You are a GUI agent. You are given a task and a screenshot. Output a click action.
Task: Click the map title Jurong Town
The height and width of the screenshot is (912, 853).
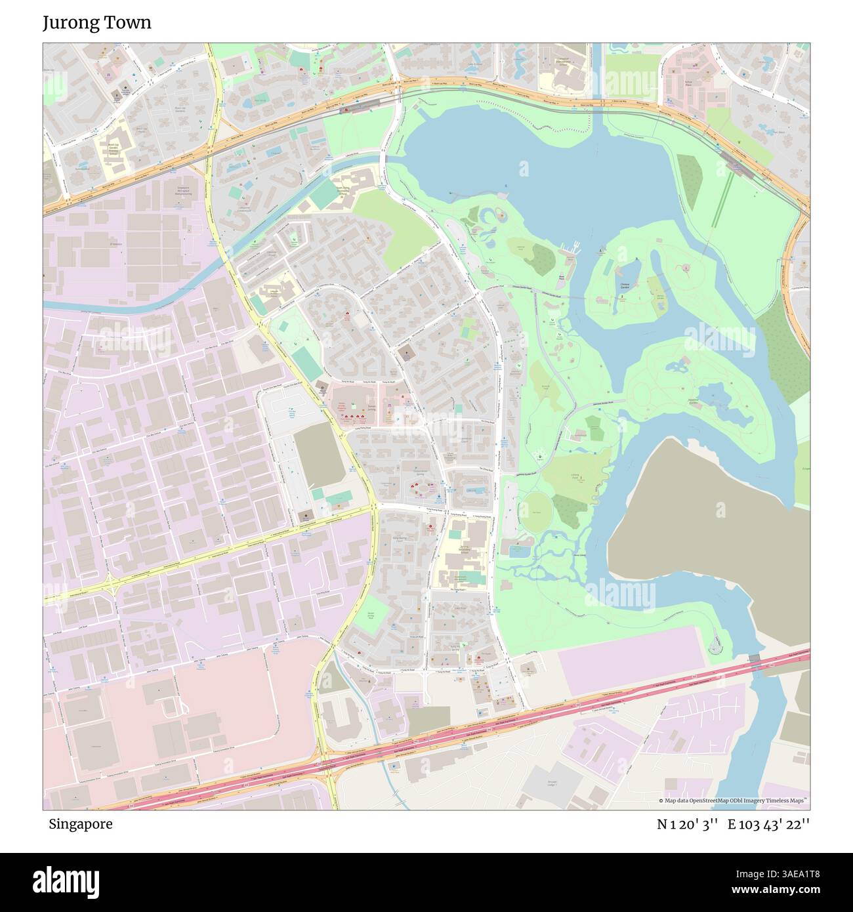(97, 23)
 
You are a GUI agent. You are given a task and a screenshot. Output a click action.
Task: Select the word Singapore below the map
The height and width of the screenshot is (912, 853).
(80, 824)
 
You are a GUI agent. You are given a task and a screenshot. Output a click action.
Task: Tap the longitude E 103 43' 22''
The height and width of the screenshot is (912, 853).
(768, 824)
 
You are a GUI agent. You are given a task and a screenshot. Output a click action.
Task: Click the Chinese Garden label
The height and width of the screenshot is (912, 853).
(623, 285)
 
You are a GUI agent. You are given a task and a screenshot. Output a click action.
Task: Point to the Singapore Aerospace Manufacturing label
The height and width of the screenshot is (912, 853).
(183, 191)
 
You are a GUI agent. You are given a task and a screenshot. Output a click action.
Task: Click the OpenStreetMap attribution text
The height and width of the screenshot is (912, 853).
(735, 801)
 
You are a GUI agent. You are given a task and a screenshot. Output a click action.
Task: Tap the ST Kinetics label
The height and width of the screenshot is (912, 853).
(116, 244)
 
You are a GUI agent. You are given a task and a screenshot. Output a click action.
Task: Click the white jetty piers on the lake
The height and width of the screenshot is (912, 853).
(575, 247)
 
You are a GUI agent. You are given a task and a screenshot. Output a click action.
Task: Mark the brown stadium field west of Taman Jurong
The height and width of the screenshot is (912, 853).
(319, 455)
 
